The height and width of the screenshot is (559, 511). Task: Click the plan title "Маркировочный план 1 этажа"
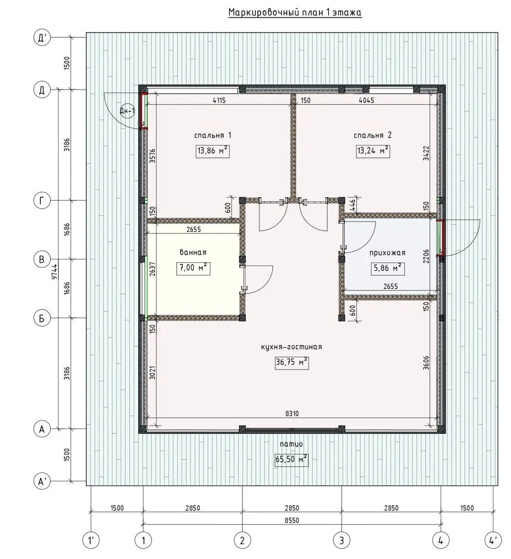click(x=295, y=12)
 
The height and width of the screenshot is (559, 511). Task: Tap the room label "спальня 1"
click(x=213, y=135)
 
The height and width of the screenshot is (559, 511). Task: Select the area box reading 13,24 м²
click(x=373, y=151)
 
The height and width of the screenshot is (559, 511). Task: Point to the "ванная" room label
click(x=193, y=252)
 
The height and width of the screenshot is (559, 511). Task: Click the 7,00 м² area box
click(x=193, y=268)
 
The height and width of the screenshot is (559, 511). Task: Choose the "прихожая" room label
click(x=387, y=253)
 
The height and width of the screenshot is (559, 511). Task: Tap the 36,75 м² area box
click(x=291, y=362)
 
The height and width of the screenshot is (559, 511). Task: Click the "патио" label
click(x=291, y=444)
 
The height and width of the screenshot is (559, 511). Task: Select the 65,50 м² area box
click(x=291, y=459)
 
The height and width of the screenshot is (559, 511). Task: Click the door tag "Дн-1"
click(x=127, y=111)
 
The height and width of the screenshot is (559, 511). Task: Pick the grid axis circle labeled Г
click(x=42, y=201)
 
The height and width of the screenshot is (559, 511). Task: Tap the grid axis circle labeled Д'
click(x=42, y=37)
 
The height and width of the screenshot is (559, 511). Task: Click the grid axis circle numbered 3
click(x=341, y=541)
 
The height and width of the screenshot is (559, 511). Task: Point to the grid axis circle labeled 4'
click(x=493, y=541)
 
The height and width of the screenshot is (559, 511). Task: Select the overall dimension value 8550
click(x=291, y=520)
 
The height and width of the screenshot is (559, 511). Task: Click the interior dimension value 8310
click(x=291, y=414)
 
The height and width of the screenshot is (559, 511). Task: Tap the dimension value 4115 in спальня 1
click(x=219, y=100)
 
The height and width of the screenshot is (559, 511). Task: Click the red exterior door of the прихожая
click(x=441, y=238)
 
